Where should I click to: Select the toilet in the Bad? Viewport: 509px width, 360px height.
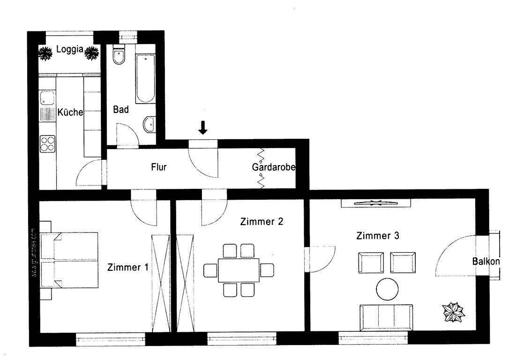tap(119, 57)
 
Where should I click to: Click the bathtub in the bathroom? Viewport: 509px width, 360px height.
tap(145, 79)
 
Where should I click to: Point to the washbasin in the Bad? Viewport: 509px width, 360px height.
tap(149, 124)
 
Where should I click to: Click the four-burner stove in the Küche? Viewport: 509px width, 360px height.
tap(47, 143)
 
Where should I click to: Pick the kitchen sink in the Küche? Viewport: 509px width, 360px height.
tap(47, 99)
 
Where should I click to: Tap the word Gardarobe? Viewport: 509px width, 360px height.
tap(274, 167)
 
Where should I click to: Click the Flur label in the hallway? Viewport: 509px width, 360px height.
tap(159, 166)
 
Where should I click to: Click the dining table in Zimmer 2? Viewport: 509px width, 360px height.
tap(238, 270)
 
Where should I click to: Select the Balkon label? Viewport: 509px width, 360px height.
tap(486, 262)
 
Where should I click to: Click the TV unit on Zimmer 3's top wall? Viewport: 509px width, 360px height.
tap(375, 203)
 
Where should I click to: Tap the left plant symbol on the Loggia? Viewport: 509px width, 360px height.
tap(45, 53)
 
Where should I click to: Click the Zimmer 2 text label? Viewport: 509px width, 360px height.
tap(262, 222)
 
